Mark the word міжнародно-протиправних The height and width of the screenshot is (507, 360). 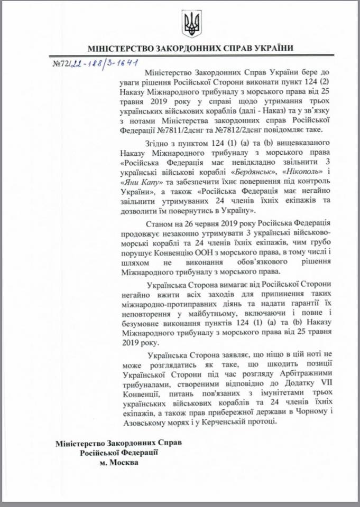162,297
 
